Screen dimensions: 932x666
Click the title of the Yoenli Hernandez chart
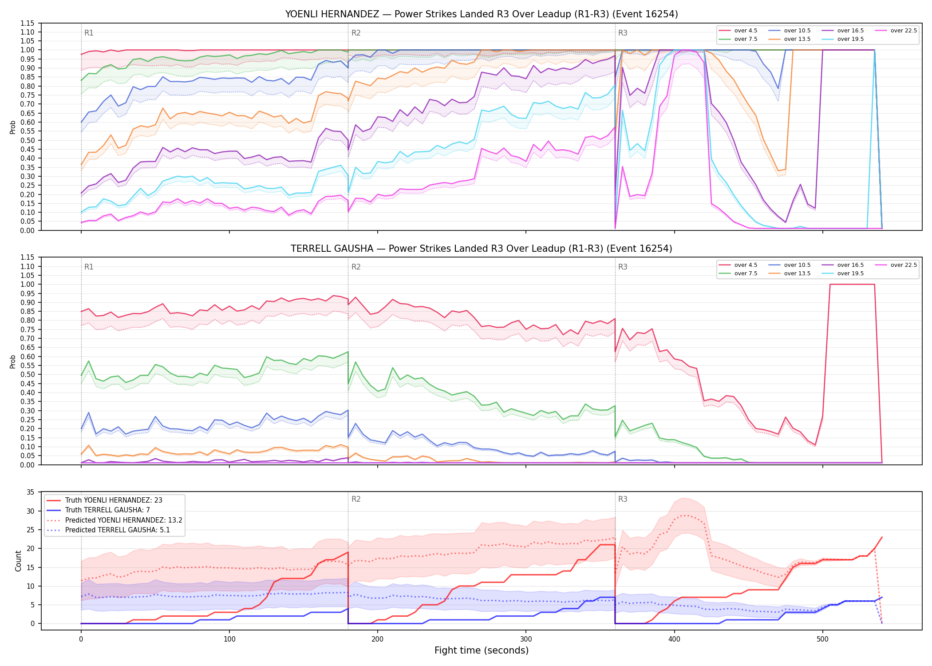click(482, 14)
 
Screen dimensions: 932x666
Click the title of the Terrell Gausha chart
click(482, 249)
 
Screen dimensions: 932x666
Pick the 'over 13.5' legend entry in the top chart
click(790, 39)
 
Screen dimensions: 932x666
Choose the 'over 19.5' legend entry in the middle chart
click(843, 274)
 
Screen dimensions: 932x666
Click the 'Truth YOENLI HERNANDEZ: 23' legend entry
click(104, 500)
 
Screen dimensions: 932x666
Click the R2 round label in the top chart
click(356, 33)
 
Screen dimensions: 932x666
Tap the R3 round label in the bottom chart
click(623, 499)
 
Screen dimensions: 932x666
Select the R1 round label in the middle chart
click(89, 267)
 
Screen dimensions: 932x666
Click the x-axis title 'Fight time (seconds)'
click(482, 650)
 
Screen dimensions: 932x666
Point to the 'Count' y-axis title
click(19, 561)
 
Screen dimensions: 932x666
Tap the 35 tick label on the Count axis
click(31, 492)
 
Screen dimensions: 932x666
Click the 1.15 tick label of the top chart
click(28, 24)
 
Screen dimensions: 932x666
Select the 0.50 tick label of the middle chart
click(28, 375)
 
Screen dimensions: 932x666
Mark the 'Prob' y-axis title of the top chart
click(13, 127)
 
